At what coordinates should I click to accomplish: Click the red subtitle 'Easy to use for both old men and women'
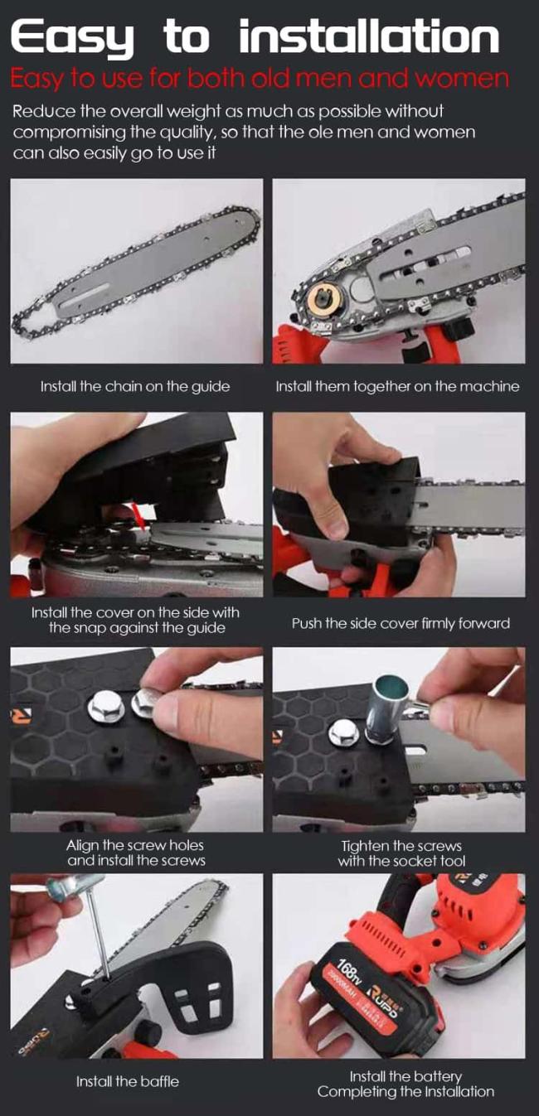click(260, 79)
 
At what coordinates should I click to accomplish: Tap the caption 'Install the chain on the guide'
click(135, 387)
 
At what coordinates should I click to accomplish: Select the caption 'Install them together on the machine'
click(397, 387)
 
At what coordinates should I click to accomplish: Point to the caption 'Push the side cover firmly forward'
click(401, 623)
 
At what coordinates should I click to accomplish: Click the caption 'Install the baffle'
click(127, 1082)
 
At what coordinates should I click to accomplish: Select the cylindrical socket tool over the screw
click(385, 707)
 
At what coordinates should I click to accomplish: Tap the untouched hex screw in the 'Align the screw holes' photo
click(104, 708)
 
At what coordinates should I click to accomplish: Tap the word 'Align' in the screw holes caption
click(83, 845)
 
